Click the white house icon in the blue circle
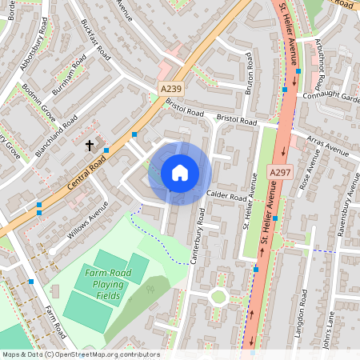(x=180, y=173)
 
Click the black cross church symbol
(x=90, y=146)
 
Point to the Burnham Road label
(x=69, y=76)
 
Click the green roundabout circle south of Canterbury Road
(x=218, y=297)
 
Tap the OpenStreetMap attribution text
(x=80, y=354)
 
